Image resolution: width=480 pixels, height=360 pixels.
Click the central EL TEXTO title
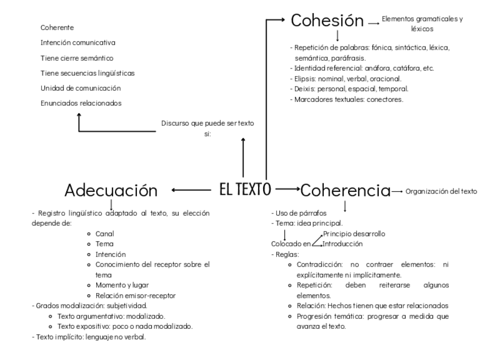245,189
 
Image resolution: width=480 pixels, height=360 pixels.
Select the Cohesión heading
327,21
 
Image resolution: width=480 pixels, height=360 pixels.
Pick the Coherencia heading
345,191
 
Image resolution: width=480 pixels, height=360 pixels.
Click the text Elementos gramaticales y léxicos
422,23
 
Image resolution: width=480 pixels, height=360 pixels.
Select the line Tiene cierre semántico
77,58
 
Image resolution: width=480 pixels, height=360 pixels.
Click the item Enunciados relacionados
80,103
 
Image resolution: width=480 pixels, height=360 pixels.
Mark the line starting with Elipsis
346,79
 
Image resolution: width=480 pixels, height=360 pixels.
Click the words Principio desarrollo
354,234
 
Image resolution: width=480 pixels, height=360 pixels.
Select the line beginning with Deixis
349,89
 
